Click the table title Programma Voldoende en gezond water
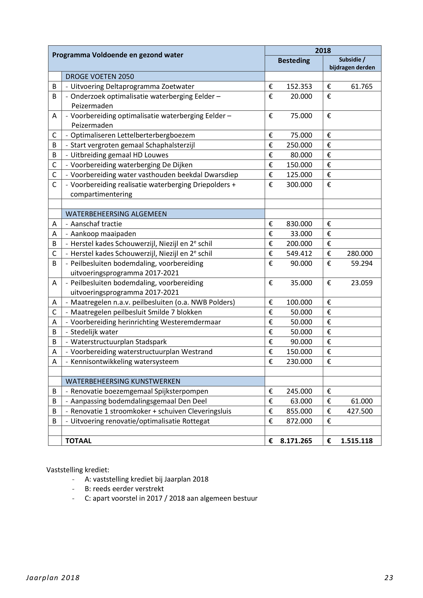coord(118,55)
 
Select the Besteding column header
coord(294,61)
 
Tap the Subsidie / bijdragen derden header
coord(352,63)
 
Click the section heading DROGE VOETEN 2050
coord(100,77)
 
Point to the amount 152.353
coord(299,86)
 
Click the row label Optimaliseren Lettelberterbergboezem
coord(133,135)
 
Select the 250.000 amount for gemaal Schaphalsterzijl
coord(299,145)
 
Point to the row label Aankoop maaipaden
coord(103,234)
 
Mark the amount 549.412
coord(299,253)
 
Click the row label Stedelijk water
coord(94,332)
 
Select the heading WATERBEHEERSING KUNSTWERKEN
coord(123,381)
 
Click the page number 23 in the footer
coord(389,578)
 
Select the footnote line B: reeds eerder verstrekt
coord(124,489)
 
